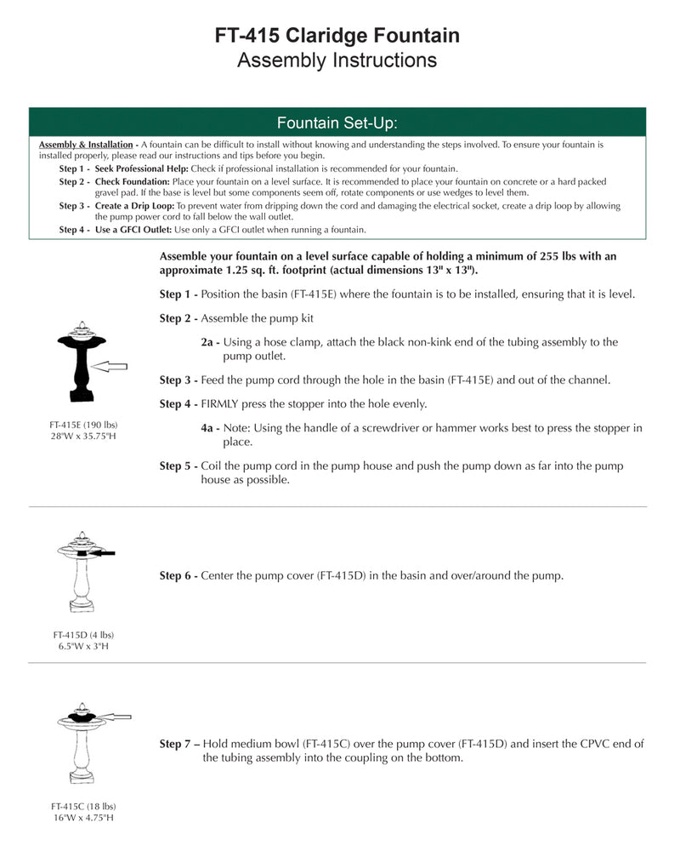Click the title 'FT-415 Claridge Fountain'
coord(337,36)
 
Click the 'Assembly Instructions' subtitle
coord(337,60)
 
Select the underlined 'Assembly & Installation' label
coord(86,145)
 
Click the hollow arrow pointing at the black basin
coord(110,366)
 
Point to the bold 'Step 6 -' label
coord(178,576)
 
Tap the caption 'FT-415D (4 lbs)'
coord(82,635)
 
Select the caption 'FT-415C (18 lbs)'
coord(82,806)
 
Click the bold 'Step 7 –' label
coord(179,744)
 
